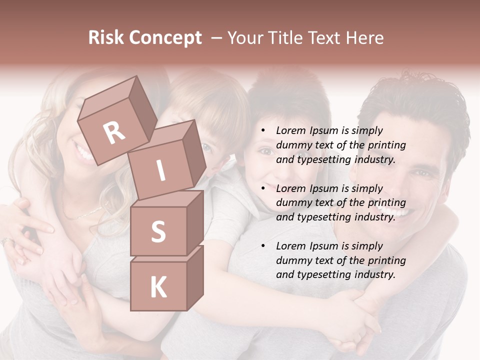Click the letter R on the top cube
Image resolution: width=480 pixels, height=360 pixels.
(x=114, y=132)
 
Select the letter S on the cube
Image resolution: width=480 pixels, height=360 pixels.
(x=158, y=231)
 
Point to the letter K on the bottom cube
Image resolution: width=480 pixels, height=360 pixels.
(x=158, y=287)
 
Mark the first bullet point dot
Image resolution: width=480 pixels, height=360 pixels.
(x=263, y=131)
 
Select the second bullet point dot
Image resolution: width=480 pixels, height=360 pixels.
(x=263, y=189)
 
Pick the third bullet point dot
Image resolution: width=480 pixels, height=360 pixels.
(x=263, y=246)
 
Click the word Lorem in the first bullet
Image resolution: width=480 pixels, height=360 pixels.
(x=290, y=130)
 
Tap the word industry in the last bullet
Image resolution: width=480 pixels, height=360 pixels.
(x=373, y=274)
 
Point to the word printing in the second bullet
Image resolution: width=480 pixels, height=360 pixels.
(x=387, y=203)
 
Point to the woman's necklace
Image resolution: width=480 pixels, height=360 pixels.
(x=85, y=213)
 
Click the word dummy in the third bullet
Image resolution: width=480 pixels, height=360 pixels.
(x=293, y=260)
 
